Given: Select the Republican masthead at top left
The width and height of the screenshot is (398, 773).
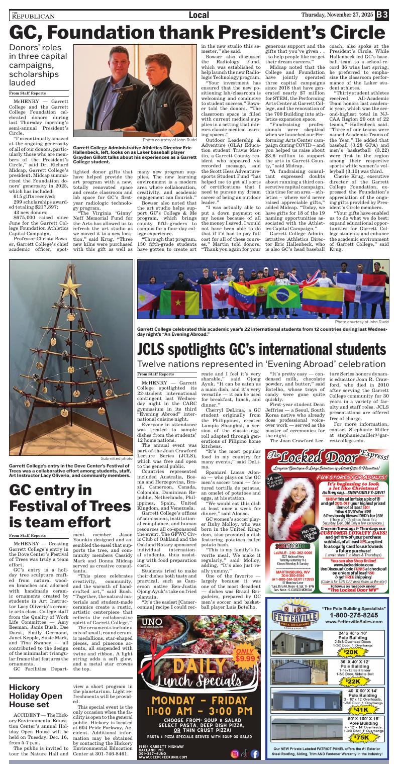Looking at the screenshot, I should pos(32,16).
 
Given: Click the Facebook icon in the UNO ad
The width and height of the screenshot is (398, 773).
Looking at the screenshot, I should pos(255,754).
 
